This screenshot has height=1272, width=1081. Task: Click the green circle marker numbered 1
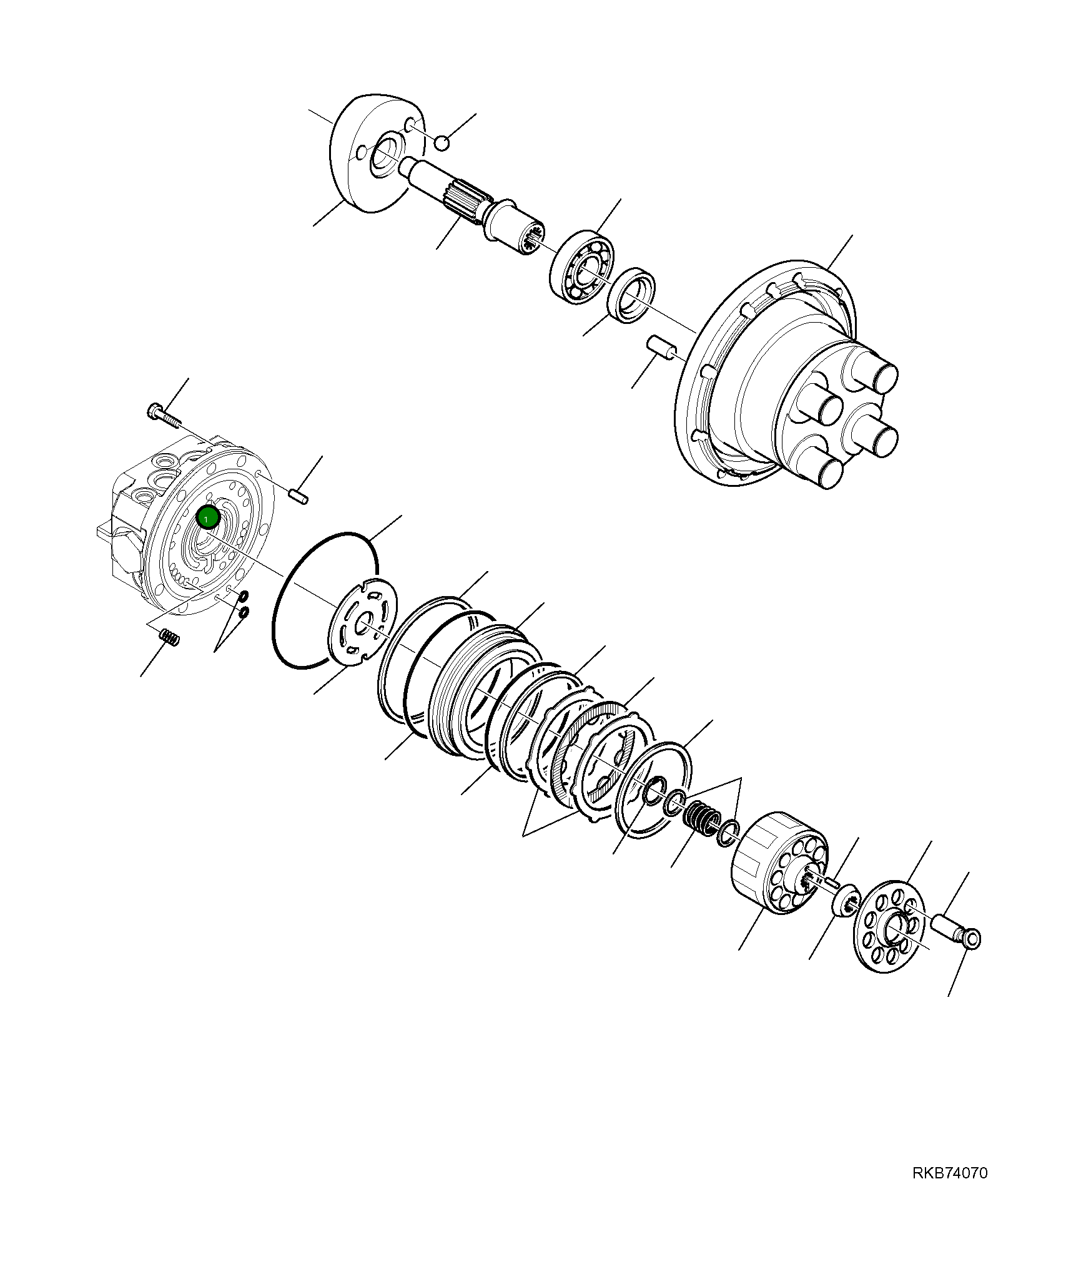[x=207, y=517]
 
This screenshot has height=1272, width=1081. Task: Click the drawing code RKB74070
[x=949, y=1173]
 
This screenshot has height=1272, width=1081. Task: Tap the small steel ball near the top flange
[x=442, y=143]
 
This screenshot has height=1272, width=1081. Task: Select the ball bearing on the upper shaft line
[x=581, y=268]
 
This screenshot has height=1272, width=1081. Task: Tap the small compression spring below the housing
[x=169, y=638]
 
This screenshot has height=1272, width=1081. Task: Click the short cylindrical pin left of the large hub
[x=659, y=347]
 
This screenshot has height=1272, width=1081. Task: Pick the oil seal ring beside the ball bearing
[x=631, y=295]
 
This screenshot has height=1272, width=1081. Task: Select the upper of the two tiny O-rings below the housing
[x=244, y=595]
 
